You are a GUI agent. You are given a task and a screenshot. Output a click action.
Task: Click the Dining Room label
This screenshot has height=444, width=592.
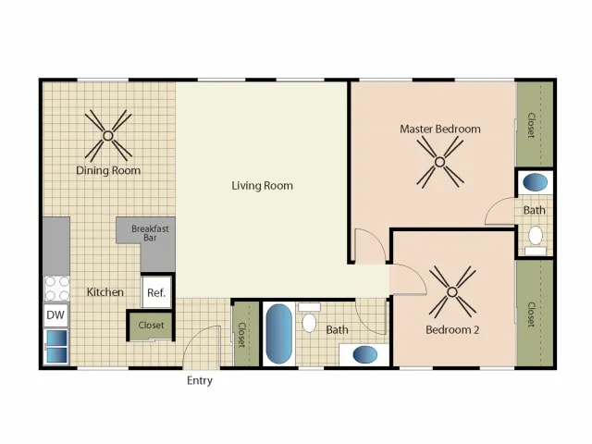(x=107, y=170)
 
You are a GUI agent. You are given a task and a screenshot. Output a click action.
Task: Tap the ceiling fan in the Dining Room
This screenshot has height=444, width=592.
(x=107, y=135)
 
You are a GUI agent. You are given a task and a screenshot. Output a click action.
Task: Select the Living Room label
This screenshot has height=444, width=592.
(x=262, y=186)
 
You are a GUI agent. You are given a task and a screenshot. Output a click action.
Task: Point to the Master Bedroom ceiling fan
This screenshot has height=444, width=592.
(x=439, y=163)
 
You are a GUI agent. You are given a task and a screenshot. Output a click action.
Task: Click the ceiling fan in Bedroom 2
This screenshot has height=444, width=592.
(x=452, y=291)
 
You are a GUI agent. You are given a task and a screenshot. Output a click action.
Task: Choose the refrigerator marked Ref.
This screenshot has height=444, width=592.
(x=156, y=293)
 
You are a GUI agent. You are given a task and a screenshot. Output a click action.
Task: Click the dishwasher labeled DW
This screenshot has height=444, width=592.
(x=55, y=315)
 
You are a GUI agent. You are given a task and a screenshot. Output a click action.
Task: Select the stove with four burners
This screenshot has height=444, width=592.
(x=55, y=289)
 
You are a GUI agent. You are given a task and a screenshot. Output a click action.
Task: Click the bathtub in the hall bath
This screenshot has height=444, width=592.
(x=278, y=334)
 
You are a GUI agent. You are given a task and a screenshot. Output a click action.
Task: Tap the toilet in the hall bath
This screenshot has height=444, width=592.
(x=310, y=319)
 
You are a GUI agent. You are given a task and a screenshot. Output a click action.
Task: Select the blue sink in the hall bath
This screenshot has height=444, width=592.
(x=364, y=353)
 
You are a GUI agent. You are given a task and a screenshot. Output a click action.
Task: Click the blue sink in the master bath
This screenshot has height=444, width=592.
(x=535, y=182)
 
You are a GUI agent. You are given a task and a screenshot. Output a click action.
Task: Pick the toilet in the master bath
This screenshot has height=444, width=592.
(x=535, y=236)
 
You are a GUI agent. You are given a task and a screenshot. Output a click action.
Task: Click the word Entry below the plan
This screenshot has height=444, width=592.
(x=200, y=381)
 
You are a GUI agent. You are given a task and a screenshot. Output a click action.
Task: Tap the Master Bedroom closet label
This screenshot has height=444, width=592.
(x=531, y=125)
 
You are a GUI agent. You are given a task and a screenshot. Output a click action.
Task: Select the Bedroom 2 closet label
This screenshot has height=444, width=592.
(x=531, y=314)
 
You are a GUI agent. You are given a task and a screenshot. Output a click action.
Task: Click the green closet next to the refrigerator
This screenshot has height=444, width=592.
(x=151, y=326)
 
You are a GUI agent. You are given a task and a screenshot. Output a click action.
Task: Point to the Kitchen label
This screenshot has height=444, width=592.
(x=105, y=292)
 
